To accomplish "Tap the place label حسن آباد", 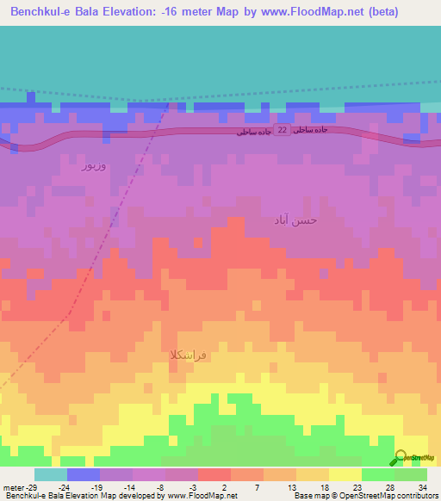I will point(295,220).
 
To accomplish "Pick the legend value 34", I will point(422,487).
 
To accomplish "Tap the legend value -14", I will point(127,487).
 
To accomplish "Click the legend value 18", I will point(324,487).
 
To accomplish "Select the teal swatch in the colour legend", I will point(51,474).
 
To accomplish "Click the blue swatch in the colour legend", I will point(84,474).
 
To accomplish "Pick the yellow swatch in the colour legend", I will point(345,474).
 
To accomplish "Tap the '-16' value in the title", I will point(177,13).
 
